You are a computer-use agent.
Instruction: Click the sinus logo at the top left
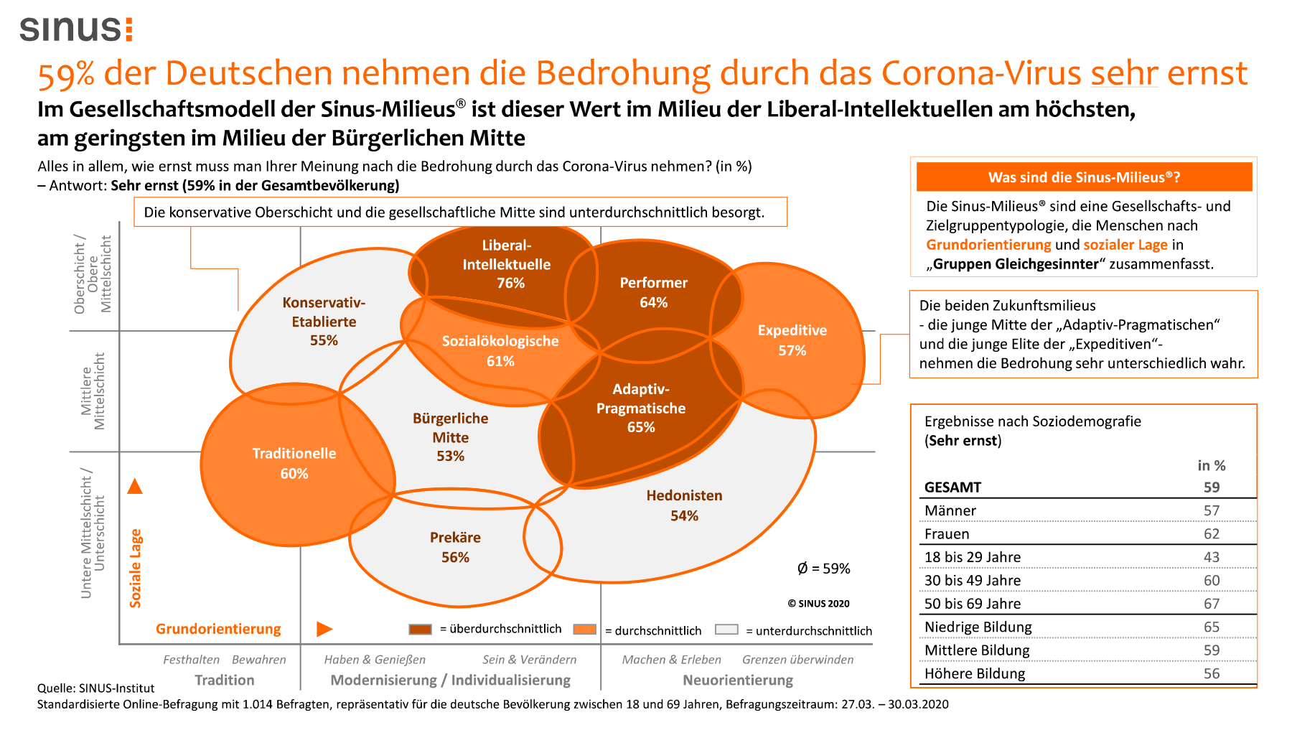click(76, 29)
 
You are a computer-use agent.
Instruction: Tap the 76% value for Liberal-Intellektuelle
click(510, 283)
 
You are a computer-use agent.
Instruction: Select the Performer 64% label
click(653, 292)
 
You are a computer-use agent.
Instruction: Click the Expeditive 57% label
click(792, 340)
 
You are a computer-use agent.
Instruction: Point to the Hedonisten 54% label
click(684, 505)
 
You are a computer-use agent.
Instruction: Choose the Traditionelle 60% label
click(294, 463)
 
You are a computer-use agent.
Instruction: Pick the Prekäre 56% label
click(455, 547)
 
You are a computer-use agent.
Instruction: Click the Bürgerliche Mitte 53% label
click(450, 436)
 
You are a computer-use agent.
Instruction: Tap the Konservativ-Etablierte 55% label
click(324, 322)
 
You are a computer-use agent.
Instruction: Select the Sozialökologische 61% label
click(500, 351)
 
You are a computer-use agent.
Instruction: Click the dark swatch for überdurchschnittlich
click(420, 630)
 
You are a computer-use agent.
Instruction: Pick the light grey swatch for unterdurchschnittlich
click(726, 630)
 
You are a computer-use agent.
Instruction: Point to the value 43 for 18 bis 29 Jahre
click(1212, 557)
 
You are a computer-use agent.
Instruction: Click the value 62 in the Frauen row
click(1212, 534)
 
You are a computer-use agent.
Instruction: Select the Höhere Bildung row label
click(975, 673)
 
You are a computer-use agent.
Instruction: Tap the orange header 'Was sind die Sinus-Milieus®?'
click(1084, 177)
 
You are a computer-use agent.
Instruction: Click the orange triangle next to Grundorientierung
click(324, 630)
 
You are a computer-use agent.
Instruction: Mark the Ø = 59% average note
click(823, 569)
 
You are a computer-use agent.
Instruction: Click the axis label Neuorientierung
click(738, 680)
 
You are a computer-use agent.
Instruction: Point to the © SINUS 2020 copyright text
click(818, 604)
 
